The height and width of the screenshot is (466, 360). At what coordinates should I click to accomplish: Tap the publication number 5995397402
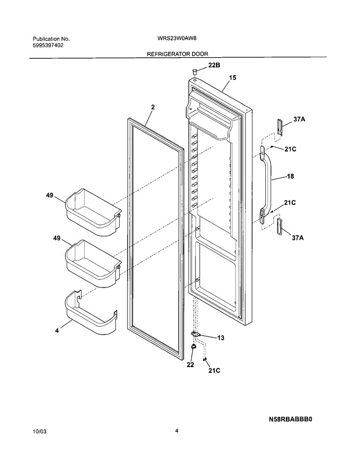point(48,46)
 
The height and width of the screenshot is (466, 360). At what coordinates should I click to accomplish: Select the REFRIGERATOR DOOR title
point(178,54)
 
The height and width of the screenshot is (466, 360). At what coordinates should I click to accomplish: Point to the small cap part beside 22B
point(195,71)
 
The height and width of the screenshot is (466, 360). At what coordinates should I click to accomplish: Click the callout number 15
point(233,77)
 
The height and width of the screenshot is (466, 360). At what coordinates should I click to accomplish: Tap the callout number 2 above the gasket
point(153,107)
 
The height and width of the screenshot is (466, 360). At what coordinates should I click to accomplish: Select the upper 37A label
point(299,119)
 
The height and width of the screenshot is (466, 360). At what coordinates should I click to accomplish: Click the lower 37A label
point(298,238)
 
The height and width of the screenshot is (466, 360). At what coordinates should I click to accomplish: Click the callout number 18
point(290,176)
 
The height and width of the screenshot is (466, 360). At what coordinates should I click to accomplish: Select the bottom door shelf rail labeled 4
point(91,312)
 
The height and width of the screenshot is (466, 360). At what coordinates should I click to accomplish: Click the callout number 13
point(221,338)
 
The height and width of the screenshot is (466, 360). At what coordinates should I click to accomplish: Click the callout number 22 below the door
point(190,365)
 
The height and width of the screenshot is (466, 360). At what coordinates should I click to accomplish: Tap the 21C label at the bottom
point(214,371)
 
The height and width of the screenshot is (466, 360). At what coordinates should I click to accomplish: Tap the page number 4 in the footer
point(177,431)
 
